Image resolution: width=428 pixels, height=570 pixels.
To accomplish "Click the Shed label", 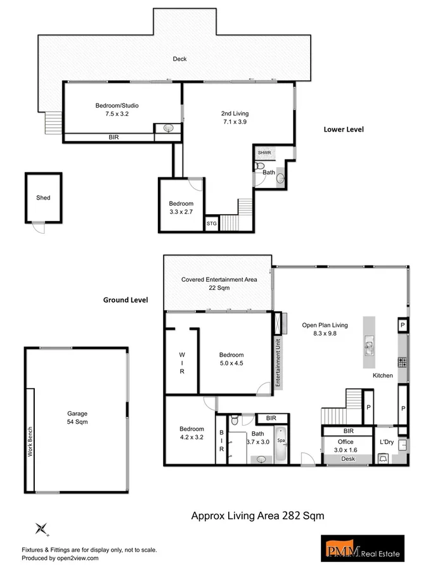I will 43,198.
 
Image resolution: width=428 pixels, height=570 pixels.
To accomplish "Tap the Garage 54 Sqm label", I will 78,417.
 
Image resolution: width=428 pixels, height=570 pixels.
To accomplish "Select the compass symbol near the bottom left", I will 42,528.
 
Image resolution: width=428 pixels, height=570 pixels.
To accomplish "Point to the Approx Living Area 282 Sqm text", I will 257,516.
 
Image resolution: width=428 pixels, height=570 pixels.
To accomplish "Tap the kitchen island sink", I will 369,346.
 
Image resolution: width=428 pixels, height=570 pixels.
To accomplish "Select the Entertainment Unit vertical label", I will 278,362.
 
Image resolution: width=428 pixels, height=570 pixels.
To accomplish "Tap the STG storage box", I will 211,224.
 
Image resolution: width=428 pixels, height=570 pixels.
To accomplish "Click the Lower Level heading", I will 344,129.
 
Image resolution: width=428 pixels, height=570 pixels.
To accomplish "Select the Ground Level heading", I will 126,300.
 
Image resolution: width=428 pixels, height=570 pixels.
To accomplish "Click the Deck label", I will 180,60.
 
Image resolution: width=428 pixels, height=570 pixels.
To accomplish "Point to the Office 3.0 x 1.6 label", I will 346,445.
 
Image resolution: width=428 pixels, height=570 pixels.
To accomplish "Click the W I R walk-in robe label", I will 181,364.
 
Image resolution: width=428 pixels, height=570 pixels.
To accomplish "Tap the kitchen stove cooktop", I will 401,362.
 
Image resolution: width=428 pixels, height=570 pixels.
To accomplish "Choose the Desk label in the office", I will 347,459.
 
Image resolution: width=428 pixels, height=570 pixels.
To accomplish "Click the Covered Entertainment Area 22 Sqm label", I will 219,283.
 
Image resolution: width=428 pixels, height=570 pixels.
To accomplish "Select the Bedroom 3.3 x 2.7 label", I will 181,208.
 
